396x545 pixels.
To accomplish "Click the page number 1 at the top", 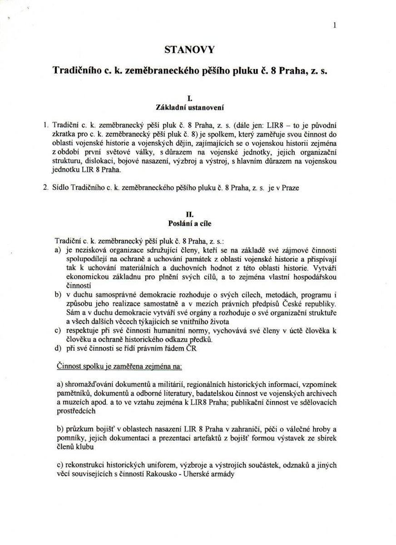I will pos(335,26).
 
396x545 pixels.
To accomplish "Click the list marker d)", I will pos(58,349).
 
